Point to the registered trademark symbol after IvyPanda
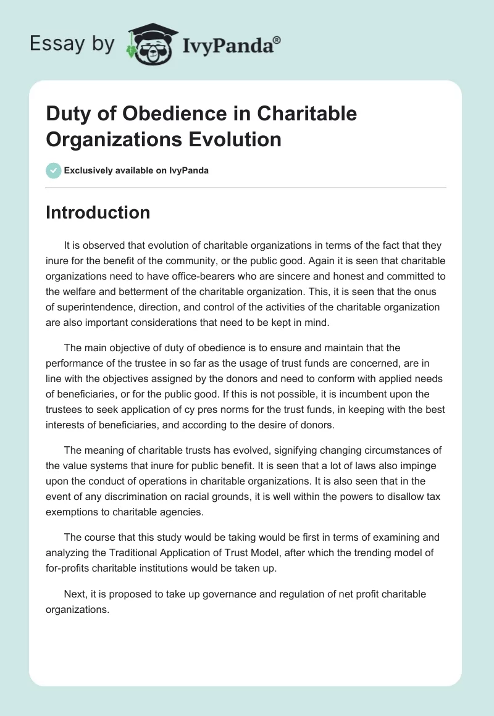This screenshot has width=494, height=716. click(277, 39)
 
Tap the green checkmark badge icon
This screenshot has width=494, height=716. click(53, 170)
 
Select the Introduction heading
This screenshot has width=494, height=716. click(98, 212)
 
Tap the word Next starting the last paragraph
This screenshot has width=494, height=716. click(75, 594)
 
